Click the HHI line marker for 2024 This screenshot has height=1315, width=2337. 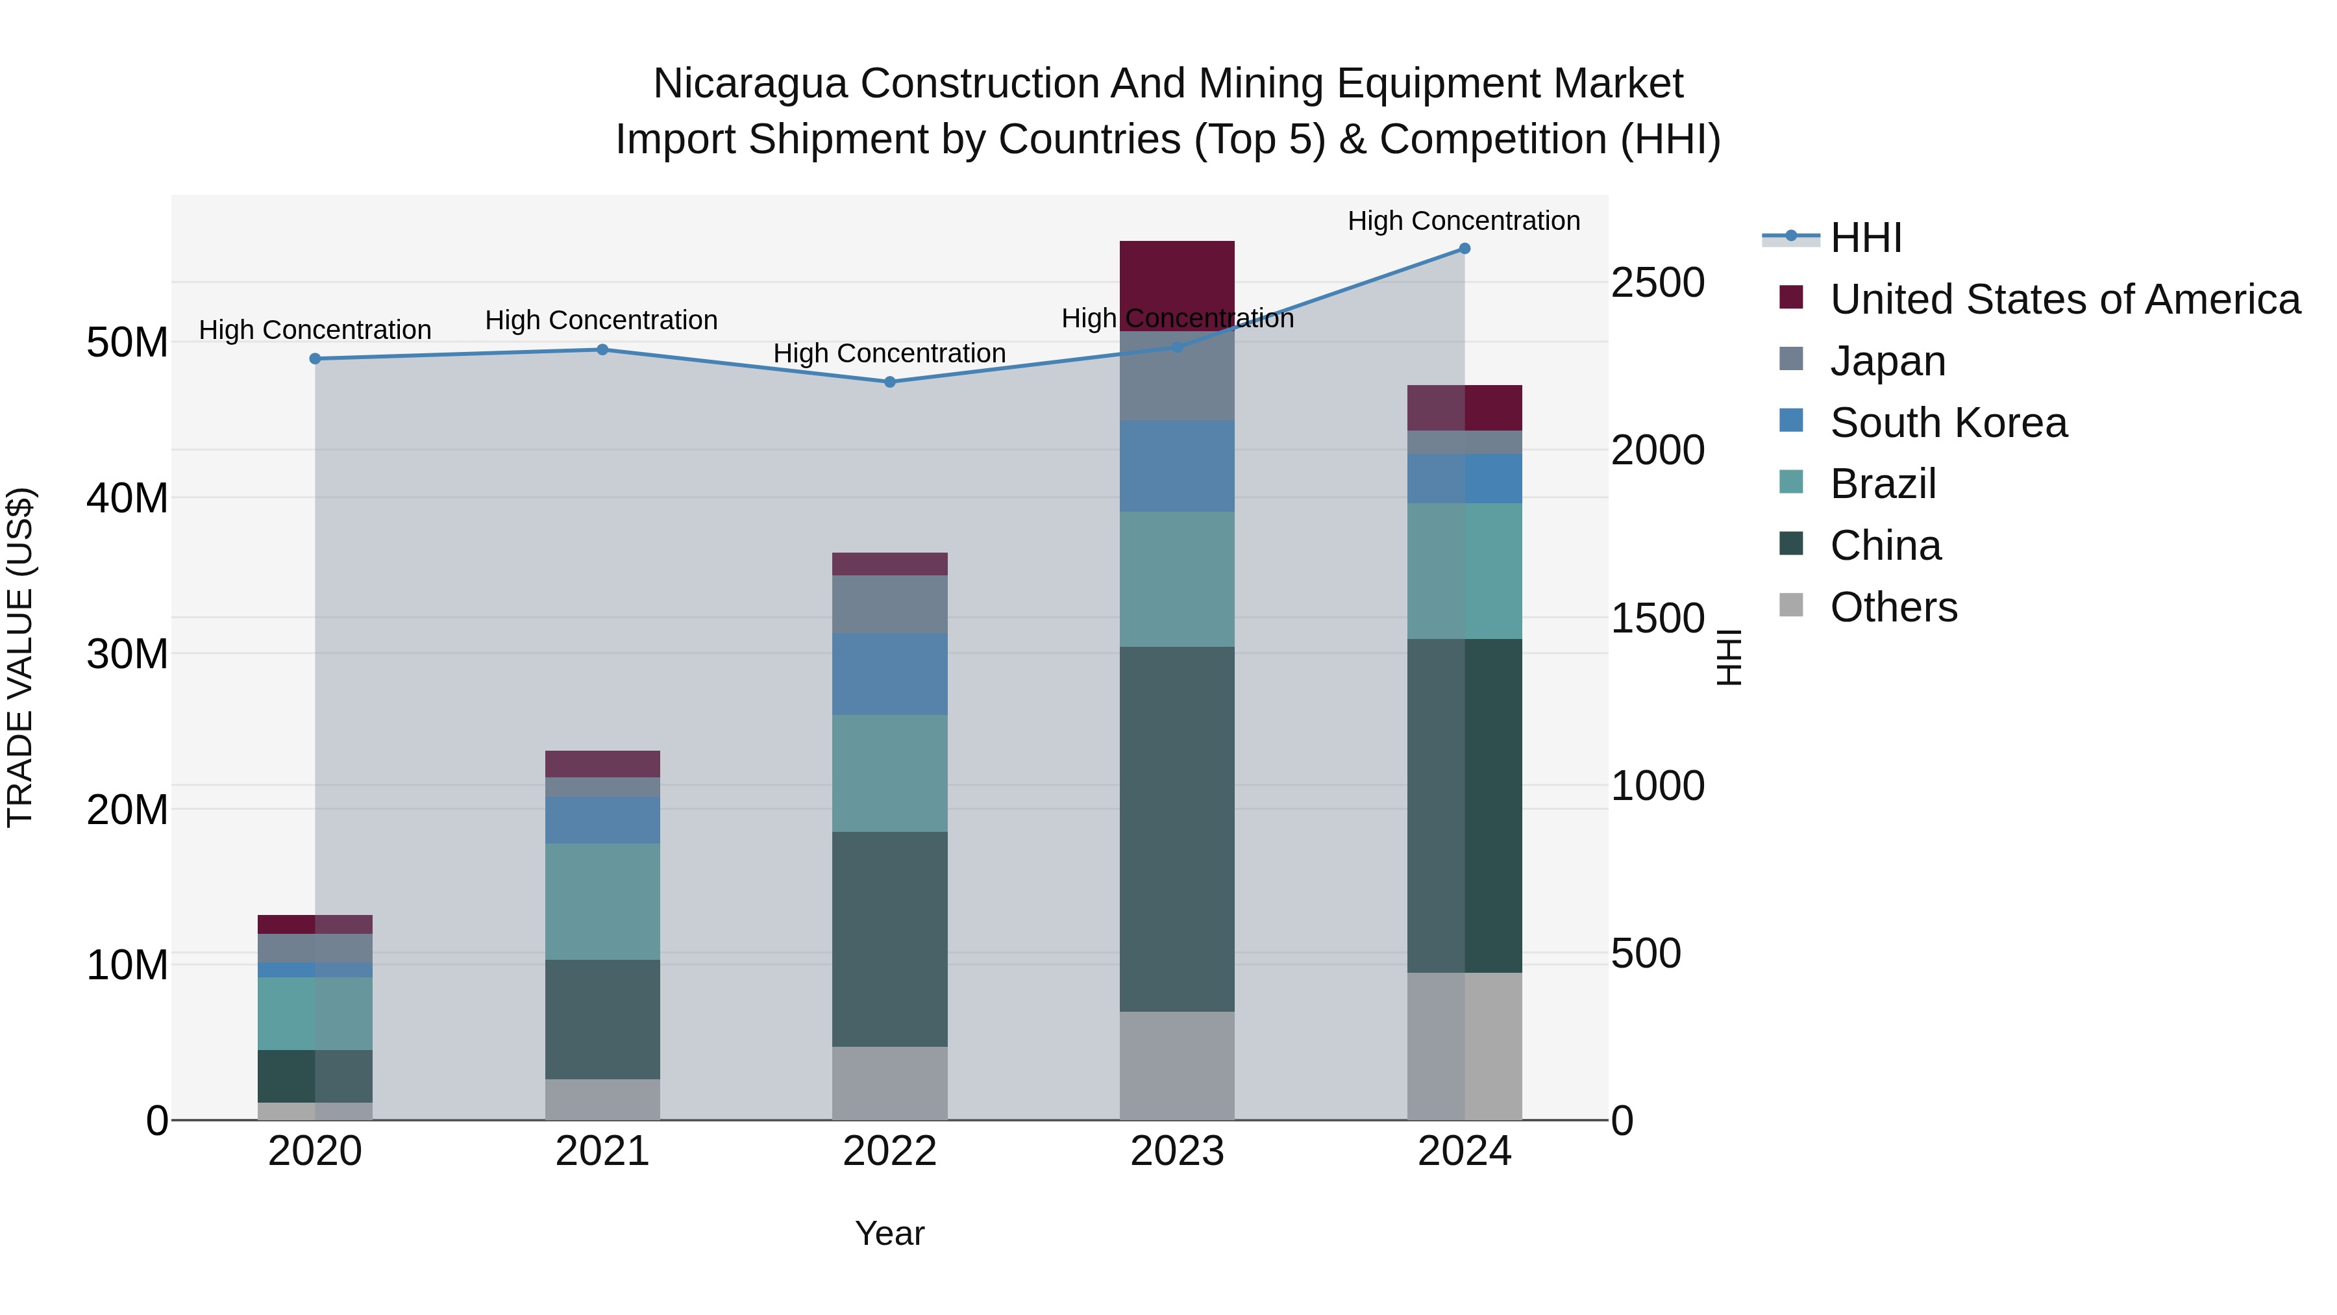click(1465, 249)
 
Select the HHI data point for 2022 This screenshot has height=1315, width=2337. click(889, 382)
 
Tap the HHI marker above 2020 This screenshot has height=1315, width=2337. click(315, 358)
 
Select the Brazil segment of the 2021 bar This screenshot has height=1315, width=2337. click(602, 901)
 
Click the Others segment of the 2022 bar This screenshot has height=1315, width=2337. click(889, 1083)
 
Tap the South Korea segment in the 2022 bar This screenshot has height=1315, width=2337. click(889, 674)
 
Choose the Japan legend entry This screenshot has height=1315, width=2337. click(1887, 361)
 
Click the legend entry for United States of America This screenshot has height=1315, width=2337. click(2064, 299)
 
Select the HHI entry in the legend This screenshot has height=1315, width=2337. click(1865, 238)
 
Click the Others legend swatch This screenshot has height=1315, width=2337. click(1791, 605)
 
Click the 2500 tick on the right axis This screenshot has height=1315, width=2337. click(1657, 283)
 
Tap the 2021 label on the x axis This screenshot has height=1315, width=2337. click(602, 1151)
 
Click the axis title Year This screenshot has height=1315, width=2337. click(889, 1233)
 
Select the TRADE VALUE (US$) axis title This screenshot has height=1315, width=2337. click(20, 657)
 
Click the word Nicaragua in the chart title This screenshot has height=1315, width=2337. click(749, 84)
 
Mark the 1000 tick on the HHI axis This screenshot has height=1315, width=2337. click(1657, 786)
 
